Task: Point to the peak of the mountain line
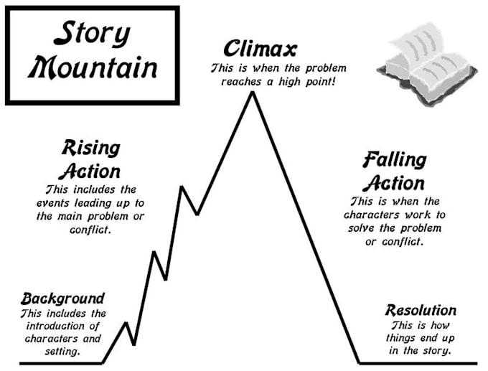click(x=251, y=93)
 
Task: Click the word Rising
click(x=90, y=149)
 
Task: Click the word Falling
click(x=394, y=159)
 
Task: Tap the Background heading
click(x=62, y=298)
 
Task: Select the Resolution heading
click(x=421, y=311)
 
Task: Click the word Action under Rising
click(x=90, y=172)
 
